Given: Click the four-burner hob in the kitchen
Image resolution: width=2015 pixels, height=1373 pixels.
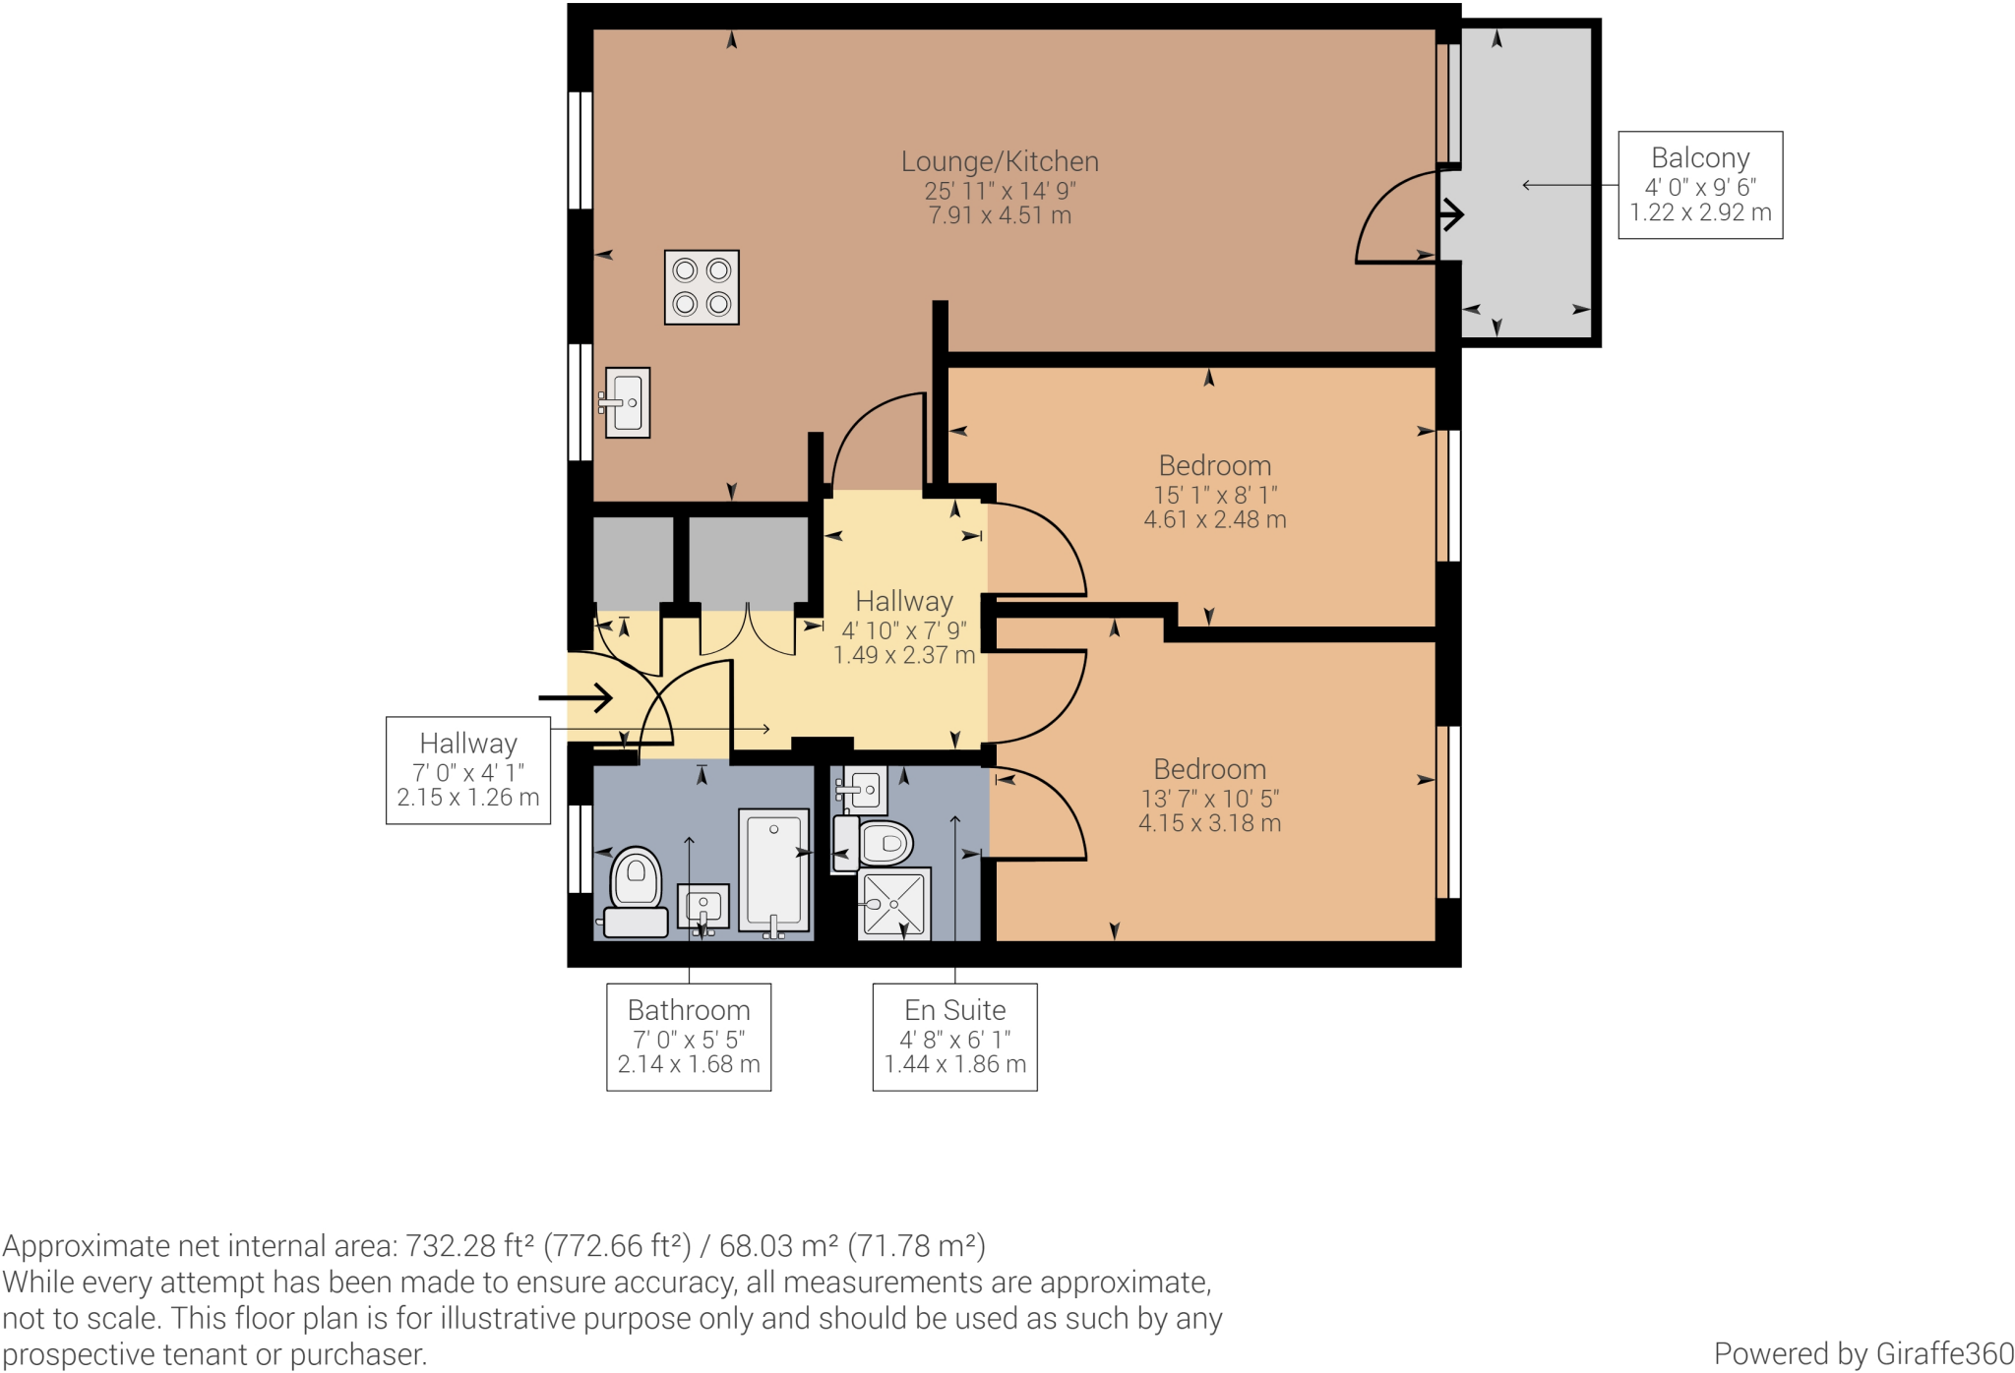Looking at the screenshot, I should (x=702, y=287).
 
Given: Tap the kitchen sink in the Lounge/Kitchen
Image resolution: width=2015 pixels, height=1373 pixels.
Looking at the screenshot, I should (x=627, y=402).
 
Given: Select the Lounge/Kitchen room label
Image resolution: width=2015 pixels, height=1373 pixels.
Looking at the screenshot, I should (x=1000, y=162).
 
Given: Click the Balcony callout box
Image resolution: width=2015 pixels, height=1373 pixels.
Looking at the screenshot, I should (x=1699, y=185).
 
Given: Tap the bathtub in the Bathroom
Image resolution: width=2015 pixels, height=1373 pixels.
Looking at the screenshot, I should (x=773, y=869).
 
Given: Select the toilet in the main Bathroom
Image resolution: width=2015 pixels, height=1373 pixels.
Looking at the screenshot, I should (x=636, y=890).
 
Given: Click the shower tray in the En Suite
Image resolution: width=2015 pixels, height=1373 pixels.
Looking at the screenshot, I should (x=893, y=903).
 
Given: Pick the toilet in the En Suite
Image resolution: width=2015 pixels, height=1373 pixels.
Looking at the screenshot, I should (x=879, y=843).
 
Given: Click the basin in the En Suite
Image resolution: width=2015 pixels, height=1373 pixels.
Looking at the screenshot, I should (x=864, y=789).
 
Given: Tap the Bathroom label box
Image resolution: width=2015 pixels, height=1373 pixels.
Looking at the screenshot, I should (x=689, y=1037).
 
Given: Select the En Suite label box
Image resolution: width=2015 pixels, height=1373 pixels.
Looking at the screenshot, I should (x=954, y=1037).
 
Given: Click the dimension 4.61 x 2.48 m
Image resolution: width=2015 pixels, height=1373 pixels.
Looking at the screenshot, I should (x=1214, y=520).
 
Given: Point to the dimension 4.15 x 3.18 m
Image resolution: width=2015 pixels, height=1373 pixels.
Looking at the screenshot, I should (x=1209, y=823).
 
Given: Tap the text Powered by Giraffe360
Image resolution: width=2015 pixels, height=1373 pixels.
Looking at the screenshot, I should (x=1862, y=1353).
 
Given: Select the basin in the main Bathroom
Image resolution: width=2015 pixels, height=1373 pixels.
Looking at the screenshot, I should (x=703, y=906).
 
